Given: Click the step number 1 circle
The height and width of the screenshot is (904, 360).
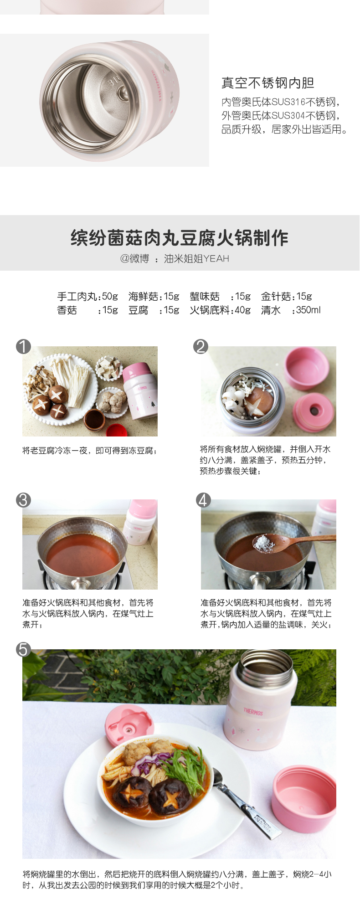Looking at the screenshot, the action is tap(23, 347).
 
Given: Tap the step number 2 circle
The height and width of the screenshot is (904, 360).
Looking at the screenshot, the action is tap(201, 347).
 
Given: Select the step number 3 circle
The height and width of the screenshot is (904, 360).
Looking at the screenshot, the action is tap(23, 500).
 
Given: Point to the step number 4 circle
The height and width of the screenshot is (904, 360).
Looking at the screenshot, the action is tap(203, 500).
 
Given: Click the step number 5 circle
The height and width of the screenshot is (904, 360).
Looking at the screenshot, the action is tap(23, 649).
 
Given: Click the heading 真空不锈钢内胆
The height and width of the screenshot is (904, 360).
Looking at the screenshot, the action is tap(268, 83).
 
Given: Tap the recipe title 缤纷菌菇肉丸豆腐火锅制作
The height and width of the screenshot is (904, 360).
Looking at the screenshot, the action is tap(180, 238).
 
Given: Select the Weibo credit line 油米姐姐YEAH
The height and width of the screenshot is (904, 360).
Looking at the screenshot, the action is tap(196, 259).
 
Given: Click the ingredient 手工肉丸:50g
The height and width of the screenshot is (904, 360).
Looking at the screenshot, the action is tap(87, 297).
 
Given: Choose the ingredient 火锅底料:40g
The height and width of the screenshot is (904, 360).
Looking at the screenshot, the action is tap(220, 310).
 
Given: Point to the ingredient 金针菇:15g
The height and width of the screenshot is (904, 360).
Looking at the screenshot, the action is tap(287, 297).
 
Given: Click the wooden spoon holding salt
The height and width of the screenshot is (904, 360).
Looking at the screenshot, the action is tap(292, 542).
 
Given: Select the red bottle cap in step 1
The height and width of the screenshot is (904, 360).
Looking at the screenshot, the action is tap(117, 430).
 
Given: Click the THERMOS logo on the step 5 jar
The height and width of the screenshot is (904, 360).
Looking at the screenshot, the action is tap(253, 711).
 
